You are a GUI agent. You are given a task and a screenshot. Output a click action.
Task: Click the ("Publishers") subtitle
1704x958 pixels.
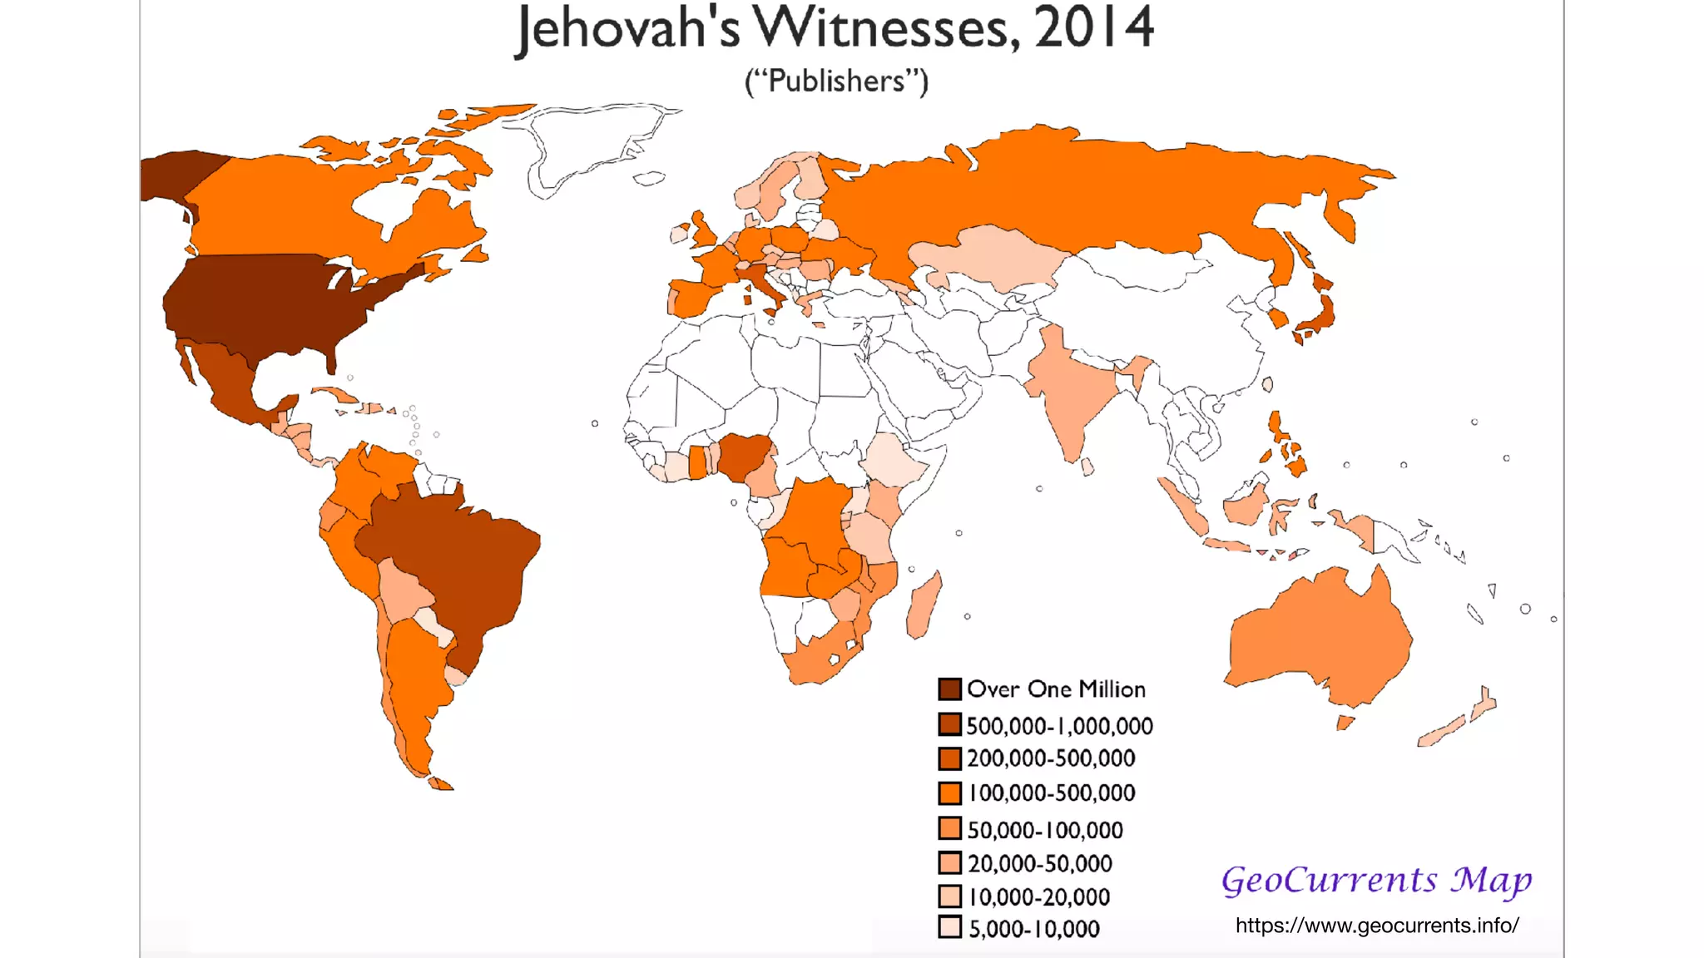coord(836,81)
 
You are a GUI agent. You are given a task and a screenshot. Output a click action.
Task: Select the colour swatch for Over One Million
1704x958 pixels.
coord(949,689)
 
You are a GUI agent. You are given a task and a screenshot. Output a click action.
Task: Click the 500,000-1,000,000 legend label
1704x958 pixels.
coord(1059,726)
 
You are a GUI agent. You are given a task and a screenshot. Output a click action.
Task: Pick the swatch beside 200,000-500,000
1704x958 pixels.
coord(949,758)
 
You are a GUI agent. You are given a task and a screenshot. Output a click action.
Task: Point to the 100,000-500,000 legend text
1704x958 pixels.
coord(1052,793)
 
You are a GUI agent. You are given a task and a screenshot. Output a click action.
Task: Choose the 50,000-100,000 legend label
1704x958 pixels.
coord(1045,830)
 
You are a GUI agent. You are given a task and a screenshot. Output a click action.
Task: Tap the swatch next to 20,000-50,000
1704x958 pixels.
coord(949,863)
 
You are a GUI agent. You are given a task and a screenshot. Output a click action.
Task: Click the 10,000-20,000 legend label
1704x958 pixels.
coord(1039,897)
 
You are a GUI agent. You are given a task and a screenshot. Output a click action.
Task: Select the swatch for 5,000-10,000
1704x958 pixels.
coord(949,927)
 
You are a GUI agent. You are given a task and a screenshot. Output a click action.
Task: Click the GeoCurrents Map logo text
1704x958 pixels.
coord(1376,880)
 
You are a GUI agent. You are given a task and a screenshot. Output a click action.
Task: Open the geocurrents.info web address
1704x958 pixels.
coord(1377,926)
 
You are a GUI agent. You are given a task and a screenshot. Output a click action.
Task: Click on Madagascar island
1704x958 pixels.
coord(923,605)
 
